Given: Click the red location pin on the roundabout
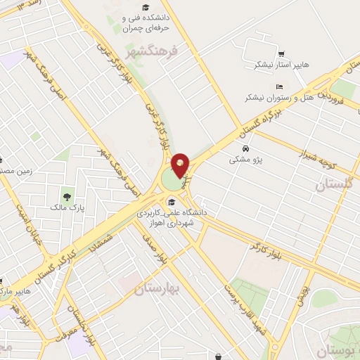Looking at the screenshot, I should (180, 165).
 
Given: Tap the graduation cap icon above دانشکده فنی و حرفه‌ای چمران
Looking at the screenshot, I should (146, 8).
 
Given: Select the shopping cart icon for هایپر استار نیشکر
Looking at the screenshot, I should (281, 53).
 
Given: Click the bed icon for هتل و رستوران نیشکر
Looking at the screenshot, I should (280, 86).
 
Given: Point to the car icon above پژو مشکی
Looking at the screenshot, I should (245, 149).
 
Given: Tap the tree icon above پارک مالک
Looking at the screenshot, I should (67, 197).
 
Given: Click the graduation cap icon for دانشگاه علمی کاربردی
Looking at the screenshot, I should (171, 202).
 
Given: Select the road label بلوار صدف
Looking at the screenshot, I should (156, 249).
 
